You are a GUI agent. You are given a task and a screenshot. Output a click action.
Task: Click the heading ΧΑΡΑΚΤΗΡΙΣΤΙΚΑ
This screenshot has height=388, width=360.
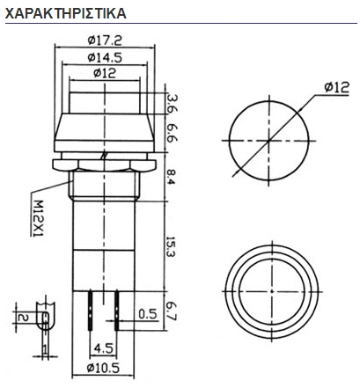pyautogui.click(x=65, y=14)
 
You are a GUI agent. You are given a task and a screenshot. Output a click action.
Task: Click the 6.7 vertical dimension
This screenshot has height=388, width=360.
pyautogui.click(x=172, y=311)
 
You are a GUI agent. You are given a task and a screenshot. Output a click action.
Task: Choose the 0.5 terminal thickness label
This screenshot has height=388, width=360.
pyautogui.click(x=147, y=313)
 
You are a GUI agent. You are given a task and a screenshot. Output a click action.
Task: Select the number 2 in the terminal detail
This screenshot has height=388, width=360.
pyautogui.click(x=24, y=316)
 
